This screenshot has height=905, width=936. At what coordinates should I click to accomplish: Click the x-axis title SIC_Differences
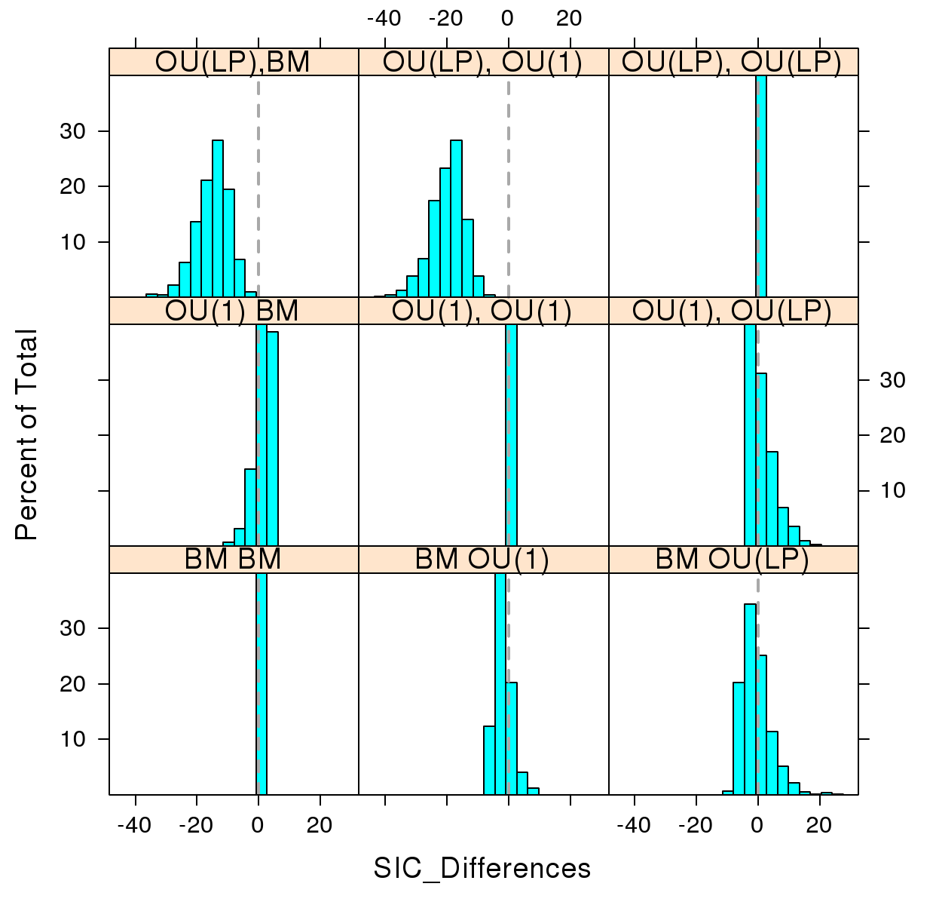point(482,868)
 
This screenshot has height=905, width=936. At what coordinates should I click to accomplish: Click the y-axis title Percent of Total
point(26,435)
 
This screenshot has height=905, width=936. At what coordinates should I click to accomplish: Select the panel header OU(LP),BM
point(233,62)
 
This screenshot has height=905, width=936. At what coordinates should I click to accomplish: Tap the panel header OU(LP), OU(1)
point(483,62)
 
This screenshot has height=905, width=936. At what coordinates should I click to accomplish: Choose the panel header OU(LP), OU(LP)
point(733,62)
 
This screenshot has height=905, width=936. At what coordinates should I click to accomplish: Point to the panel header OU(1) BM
point(233,311)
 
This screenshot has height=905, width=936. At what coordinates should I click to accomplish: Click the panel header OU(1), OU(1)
point(483,311)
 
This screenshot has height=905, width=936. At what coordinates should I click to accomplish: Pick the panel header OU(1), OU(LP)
point(733,311)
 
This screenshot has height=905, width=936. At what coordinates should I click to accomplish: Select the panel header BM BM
point(233,559)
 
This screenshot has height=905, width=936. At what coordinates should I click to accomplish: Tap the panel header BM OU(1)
point(483,559)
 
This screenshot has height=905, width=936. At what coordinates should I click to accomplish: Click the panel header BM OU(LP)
point(733,559)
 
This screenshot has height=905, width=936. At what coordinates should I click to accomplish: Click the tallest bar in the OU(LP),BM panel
point(218,219)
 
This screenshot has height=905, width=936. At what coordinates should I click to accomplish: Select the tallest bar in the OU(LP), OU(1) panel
point(456,219)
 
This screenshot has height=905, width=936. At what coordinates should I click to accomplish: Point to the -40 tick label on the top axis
point(384,18)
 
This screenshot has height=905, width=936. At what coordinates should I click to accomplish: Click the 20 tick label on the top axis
point(570,18)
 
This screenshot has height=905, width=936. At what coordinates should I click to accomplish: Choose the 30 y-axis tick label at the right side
point(893,380)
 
